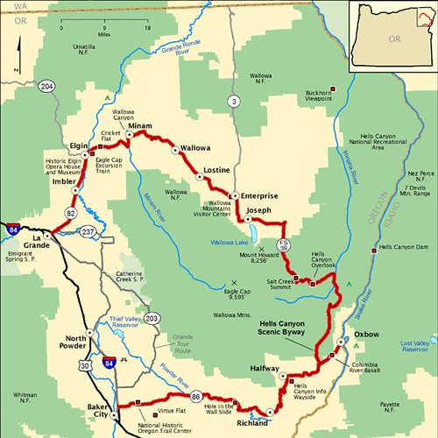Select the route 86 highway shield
point(196,396)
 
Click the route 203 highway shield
point(153,319)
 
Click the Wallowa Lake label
point(231,241)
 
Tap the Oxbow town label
point(366,335)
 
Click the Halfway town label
point(263,369)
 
